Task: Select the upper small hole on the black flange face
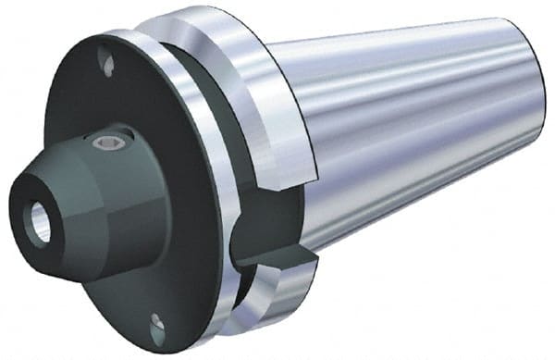point(109,67)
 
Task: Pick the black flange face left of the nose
point(55,120)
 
